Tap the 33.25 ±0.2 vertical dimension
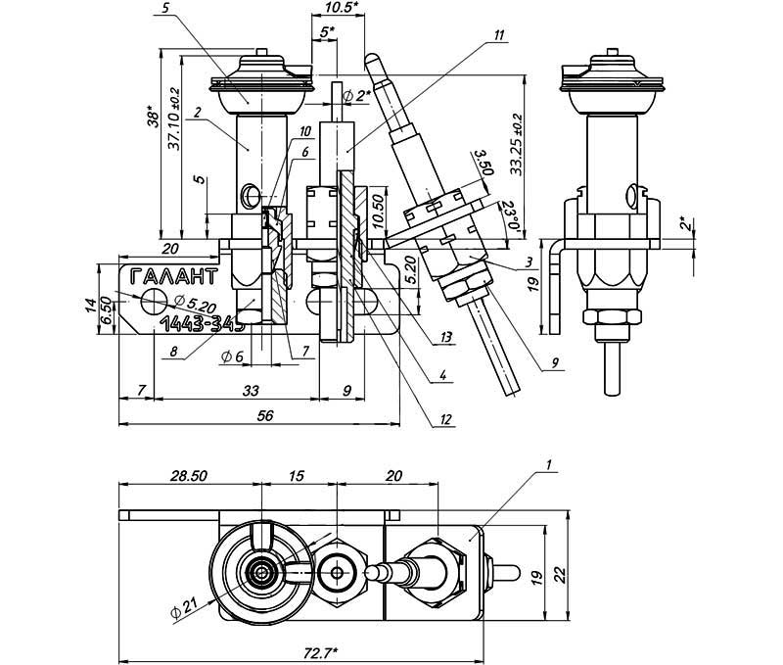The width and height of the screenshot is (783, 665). pos(516,147)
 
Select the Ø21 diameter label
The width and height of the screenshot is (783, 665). pos(182,611)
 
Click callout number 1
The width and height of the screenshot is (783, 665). pos(551,462)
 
